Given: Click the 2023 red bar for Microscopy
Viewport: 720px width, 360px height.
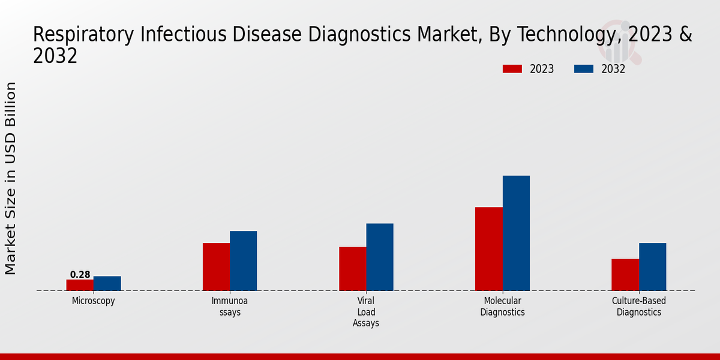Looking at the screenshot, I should pyautogui.click(x=80, y=285).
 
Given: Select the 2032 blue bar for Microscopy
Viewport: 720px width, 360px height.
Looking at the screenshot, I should pyautogui.click(x=107, y=283).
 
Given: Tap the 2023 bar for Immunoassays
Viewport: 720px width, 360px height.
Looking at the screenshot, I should pyautogui.click(x=216, y=267).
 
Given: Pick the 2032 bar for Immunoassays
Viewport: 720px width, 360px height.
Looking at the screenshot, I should pyautogui.click(x=243, y=261).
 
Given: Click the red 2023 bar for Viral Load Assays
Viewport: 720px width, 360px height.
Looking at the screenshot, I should pyautogui.click(x=352, y=269).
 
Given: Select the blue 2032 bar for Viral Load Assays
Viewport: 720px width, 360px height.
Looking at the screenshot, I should pyautogui.click(x=380, y=257).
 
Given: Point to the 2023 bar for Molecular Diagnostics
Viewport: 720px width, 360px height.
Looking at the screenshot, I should pyautogui.click(x=488, y=249).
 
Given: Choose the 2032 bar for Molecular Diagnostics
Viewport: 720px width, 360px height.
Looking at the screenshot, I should pyautogui.click(x=516, y=233).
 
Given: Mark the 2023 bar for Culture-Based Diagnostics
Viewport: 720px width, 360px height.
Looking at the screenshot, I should pyautogui.click(x=625, y=275).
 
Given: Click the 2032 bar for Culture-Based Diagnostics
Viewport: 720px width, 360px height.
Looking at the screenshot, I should pyautogui.click(x=652, y=267).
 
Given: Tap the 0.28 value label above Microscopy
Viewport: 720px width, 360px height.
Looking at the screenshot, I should pyautogui.click(x=80, y=275).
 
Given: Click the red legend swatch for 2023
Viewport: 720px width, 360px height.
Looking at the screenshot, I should pyautogui.click(x=512, y=69).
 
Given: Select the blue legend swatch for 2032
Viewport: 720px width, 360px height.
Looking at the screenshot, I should pyautogui.click(x=584, y=69).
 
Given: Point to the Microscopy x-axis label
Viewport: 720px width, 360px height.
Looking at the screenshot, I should pyautogui.click(x=93, y=301).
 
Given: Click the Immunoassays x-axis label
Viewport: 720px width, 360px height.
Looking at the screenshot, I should pyautogui.click(x=230, y=307).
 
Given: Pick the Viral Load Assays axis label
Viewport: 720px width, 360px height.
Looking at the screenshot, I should pyautogui.click(x=366, y=312).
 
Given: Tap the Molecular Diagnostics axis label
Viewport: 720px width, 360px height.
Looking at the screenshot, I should pyautogui.click(x=502, y=307).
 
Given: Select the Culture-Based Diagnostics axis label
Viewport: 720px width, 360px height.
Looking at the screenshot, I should pyautogui.click(x=639, y=307).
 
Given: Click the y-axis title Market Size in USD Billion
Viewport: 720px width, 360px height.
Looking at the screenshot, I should pyautogui.click(x=11, y=178).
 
